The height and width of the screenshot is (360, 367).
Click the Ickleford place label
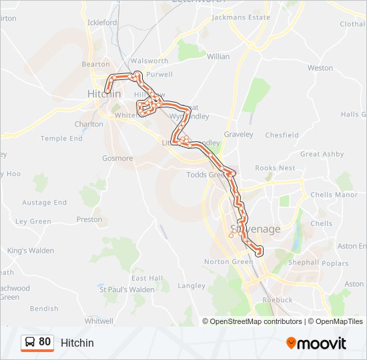coord(102,22)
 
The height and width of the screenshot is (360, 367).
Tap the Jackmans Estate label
coord(240,17)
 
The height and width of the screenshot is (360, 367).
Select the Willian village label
coord(218,57)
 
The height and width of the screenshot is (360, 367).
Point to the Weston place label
coord(320,68)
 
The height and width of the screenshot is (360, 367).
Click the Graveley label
coord(239,134)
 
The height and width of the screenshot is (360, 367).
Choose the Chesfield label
coord(282,135)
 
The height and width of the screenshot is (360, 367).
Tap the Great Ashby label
coord(322,154)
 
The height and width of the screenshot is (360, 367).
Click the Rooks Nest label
coord(274,168)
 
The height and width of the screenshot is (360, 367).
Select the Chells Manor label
coord(334,195)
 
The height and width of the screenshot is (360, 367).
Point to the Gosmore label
coord(117,158)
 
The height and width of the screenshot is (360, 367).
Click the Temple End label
coord(61,139)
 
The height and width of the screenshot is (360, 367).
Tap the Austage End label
coord(45,203)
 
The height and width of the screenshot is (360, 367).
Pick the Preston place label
coord(89,219)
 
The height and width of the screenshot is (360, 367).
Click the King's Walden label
coord(31,251)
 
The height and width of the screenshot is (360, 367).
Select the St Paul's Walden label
coord(127,289)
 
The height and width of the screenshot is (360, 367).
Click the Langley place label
coord(192,286)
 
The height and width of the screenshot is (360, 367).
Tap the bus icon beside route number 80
coord(30,342)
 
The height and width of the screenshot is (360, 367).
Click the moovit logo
coord(316,343)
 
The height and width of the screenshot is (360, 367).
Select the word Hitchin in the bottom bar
coord(77,343)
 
